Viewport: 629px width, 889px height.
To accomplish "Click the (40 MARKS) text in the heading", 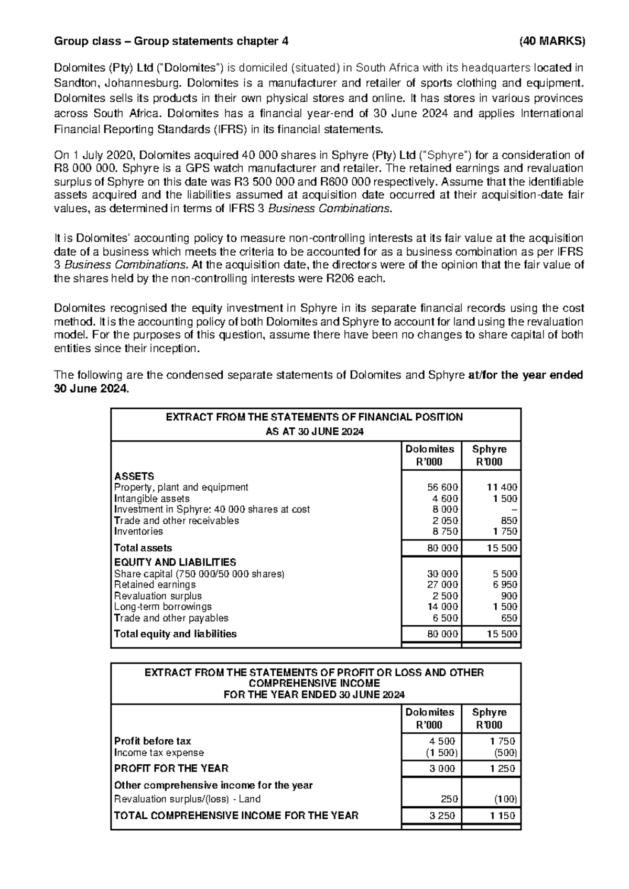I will [x=551, y=41].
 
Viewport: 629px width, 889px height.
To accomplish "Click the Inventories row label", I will [x=138, y=532].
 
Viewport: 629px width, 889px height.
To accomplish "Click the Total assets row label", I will [x=143, y=548].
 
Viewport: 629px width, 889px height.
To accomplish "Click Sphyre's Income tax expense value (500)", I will [x=505, y=753].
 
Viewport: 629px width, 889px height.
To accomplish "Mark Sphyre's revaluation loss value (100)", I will [x=505, y=800].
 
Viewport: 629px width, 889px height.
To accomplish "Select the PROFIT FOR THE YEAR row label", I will [x=171, y=769].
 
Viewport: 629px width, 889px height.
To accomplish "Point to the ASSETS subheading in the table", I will [x=134, y=476].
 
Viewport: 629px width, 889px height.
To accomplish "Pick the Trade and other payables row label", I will [x=171, y=618].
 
